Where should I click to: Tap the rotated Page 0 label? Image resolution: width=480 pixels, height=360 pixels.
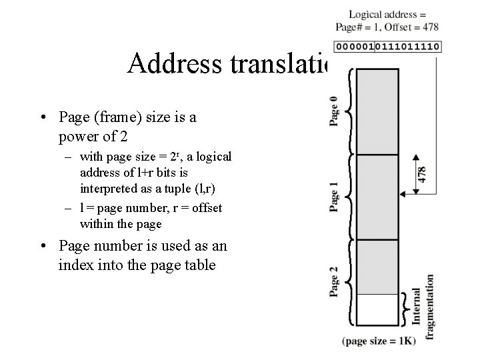[x=334, y=111]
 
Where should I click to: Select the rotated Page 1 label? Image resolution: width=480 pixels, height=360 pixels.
[x=334, y=196]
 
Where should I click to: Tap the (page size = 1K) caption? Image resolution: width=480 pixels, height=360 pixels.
[x=379, y=341]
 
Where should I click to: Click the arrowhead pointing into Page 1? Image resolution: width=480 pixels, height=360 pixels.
[x=402, y=193]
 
